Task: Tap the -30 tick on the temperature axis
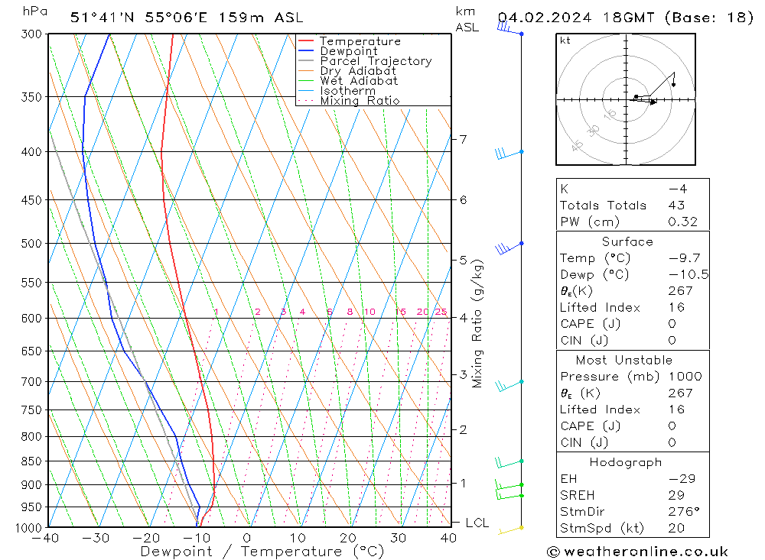96,539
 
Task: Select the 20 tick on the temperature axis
348,539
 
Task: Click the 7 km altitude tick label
464,139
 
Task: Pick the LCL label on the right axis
477,523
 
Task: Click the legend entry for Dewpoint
349,51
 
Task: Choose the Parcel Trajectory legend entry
376,61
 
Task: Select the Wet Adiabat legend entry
359,80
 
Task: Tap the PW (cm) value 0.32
682,222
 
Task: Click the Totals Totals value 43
676,205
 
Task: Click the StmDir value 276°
680,512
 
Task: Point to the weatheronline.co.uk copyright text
637,551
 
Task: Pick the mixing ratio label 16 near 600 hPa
400,312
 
